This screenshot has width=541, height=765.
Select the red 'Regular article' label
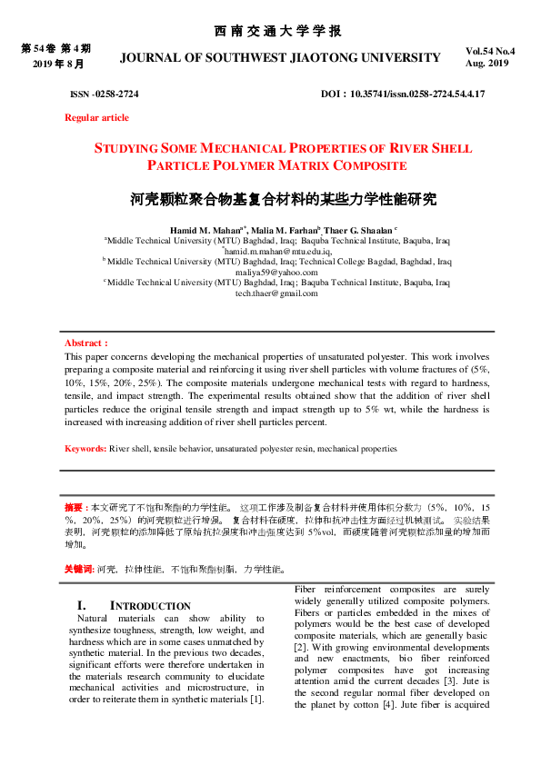coord(96,117)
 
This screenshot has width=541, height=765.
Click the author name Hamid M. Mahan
coord(204,232)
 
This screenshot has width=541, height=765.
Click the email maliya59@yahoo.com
coord(276,272)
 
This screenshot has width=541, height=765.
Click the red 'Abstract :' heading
coord(86,343)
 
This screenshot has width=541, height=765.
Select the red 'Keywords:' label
coord(85,449)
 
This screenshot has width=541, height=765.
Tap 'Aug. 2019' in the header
coord(487,64)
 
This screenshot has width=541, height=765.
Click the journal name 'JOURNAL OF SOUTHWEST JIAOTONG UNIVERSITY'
coord(280,57)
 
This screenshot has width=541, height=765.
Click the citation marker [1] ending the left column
coord(257,698)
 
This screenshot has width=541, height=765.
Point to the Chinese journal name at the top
coord(278,31)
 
